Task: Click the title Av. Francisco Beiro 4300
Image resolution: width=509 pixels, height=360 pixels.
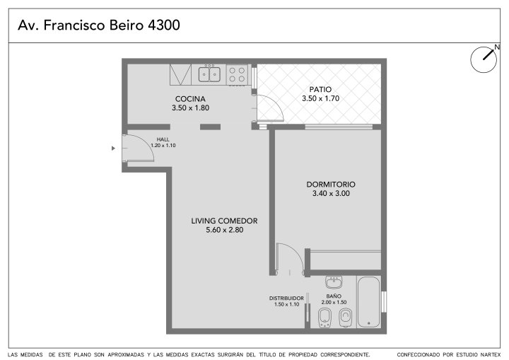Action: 99,25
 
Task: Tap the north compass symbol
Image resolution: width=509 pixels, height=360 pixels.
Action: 484,59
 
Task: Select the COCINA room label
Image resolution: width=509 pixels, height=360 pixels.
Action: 190,99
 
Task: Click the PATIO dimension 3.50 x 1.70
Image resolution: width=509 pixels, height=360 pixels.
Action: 320,98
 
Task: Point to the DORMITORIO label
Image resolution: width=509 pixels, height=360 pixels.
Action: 331,184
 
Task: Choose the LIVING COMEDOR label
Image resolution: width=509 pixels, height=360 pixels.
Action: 224,221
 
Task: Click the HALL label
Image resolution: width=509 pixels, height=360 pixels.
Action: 163,139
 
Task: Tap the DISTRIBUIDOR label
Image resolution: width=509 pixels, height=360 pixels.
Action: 286,298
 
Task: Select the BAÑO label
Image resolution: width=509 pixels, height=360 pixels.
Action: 334,296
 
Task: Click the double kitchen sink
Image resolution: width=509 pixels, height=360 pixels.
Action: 209,74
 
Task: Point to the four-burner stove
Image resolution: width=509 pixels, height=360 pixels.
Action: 237,75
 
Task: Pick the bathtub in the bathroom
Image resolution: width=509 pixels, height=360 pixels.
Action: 368,302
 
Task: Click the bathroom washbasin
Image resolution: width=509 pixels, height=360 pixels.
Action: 334,282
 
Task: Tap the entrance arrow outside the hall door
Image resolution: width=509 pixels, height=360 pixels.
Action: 113,149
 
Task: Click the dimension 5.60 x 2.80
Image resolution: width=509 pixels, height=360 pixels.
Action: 224,230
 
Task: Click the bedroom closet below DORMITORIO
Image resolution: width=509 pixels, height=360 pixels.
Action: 346,260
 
